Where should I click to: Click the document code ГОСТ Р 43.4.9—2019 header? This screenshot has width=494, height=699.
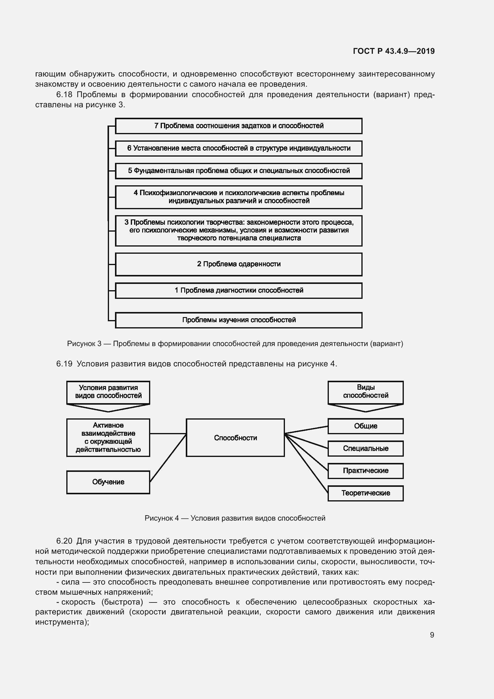click(394, 51)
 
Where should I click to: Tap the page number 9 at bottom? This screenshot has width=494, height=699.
click(432, 635)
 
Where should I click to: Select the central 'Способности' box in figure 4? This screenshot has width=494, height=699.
click(235, 438)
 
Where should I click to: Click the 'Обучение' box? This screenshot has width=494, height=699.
click(108, 482)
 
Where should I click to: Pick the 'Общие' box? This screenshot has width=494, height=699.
click(365, 426)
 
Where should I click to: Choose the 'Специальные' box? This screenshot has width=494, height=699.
click(365, 449)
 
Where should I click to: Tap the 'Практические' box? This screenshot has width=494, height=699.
click(365, 471)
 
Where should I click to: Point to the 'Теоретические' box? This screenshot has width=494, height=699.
click(365, 493)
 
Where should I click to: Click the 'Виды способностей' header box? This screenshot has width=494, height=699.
click(365, 392)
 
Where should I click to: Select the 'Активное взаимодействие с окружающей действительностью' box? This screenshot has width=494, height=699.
click(108, 438)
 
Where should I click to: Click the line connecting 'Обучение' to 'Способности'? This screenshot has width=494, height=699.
click(168, 458)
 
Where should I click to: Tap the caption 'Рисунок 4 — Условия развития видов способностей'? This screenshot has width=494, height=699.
click(235, 518)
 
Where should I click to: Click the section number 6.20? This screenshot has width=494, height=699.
click(64, 541)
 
